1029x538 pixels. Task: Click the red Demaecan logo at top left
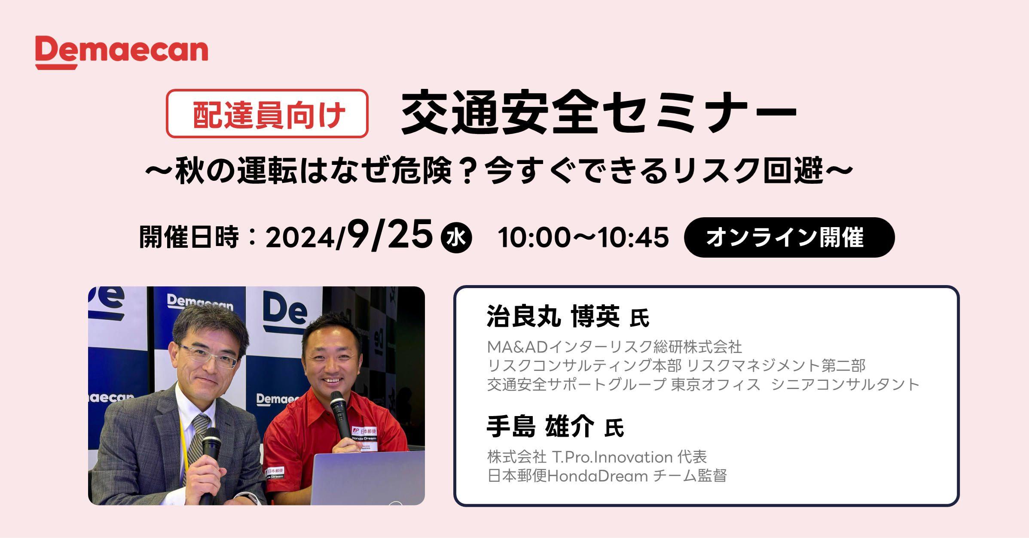click(122, 52)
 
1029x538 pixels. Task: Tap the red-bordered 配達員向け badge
click(267, 114)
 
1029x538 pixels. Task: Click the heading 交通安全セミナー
click(598, 112)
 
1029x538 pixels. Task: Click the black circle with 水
click(456, 237)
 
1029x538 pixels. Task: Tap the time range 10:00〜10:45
click(583, 237)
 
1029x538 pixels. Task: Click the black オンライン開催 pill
click(789, 237)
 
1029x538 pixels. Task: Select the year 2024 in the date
click(300, 238)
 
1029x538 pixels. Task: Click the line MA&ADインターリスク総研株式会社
click(614, 347)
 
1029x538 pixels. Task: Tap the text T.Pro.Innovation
click(612, 457)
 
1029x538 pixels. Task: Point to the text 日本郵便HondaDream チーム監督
click(607, 476)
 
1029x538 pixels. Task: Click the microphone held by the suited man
click(209, 464)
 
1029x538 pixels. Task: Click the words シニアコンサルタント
click(845, 384)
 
